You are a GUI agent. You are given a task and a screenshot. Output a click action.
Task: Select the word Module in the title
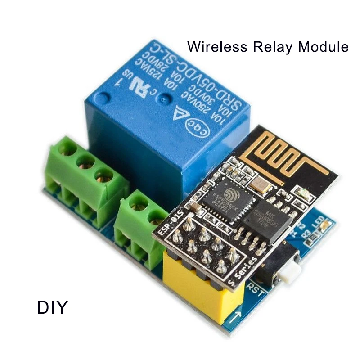[x=324, y=46]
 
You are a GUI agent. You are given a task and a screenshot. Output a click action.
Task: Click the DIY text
[x=52, y=307]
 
